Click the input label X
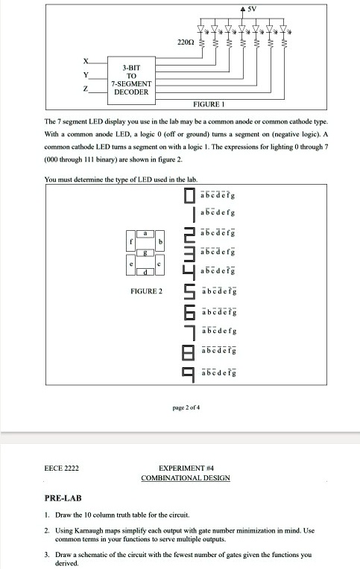(x=86, y=63)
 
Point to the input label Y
(x=86, y=75)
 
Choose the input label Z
(x=86, y=88)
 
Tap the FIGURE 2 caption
(x=145, y=290)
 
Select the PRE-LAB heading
(x=63, y=497)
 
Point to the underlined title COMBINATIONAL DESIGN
(x=186, y=477)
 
